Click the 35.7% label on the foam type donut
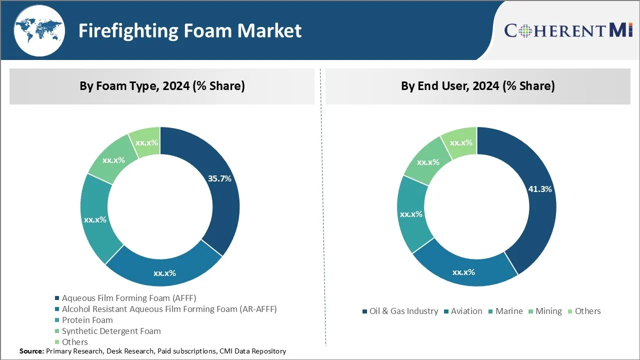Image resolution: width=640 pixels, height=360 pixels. tap(219, 178)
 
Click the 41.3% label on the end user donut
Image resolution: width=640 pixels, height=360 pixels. tap(540, 189)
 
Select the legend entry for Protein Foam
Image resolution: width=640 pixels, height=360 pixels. tap(87, 320)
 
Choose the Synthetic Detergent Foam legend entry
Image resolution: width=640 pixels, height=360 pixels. tap(111, 331)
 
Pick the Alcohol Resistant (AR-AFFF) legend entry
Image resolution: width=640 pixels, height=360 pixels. tap(169, 309)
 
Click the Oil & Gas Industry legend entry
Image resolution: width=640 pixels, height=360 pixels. tap(403, 311)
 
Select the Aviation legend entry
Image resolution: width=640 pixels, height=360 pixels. tap(466, 311)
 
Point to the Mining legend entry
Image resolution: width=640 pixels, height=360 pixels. tap(548, 311)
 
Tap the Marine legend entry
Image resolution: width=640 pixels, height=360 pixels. tap(508, 311)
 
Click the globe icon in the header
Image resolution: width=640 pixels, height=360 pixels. tap(39, 30)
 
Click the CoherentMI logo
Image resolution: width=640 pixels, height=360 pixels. tap(568, 30)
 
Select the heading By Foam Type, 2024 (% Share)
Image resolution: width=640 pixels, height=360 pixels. tap(162, 86)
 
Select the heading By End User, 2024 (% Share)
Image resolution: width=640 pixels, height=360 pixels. tap(477, 86)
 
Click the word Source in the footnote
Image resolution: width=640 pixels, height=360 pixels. tap(31, 351)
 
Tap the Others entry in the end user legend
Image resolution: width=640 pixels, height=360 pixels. tap(587, 311)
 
